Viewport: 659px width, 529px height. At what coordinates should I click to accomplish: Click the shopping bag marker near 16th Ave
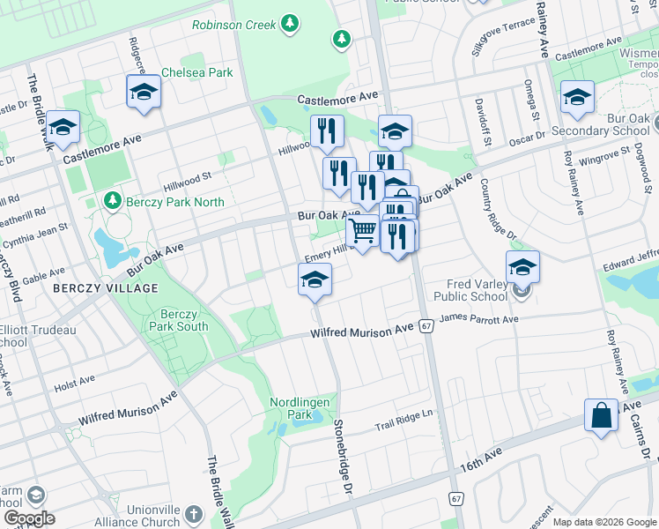pyautogui.click(x=601, y=414)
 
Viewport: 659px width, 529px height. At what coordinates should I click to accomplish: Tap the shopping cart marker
pyautogui.click(x=362, y=233)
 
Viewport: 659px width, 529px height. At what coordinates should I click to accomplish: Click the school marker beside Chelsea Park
pyautogui.click(x=144, y=92)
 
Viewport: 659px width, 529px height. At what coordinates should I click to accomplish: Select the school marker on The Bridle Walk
pyautogui.click(x=63, y=128)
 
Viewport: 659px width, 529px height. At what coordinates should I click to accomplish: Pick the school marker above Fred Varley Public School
pyautogui.click(x=522, y=266)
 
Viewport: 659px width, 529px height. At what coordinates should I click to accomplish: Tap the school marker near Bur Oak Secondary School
pyautogui.click(x=577, y=97)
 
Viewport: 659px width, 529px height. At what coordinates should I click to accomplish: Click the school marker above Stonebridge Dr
pyautogui.click(x=315, y=279)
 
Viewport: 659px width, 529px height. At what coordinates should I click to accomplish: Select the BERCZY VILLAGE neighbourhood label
pyautogui.click(x=105, y=288)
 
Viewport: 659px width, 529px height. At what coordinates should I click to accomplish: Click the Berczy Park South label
pyautogui.click(x=184, y=320)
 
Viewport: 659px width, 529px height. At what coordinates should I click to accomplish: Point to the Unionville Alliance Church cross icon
pyautogui.click(x=195, y=513)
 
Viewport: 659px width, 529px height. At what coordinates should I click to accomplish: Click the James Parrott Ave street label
pyautogui.click(x=479, y=317)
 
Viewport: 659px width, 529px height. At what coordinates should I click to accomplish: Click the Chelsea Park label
pyautogui.click(x=197, y=72)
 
